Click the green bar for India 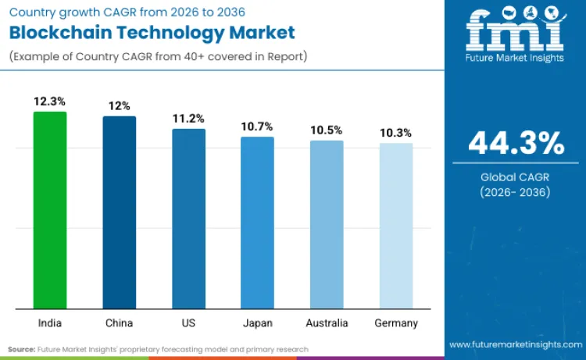[50, 210]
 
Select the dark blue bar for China [120, 212]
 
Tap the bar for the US [188, 219]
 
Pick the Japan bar [257, 223]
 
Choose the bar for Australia [327, 224]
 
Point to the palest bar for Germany [396, 226]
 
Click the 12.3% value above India [49, 102]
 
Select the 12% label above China [120, 105]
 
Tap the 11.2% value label [188, 119]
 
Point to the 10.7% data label [257, 127]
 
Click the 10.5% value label [327, 130]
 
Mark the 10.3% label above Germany [396, 133]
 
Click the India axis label [50, 323]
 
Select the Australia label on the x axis [327, 323]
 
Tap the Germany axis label [396, 323]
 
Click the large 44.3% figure [516, 144]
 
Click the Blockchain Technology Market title [152, 32]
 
